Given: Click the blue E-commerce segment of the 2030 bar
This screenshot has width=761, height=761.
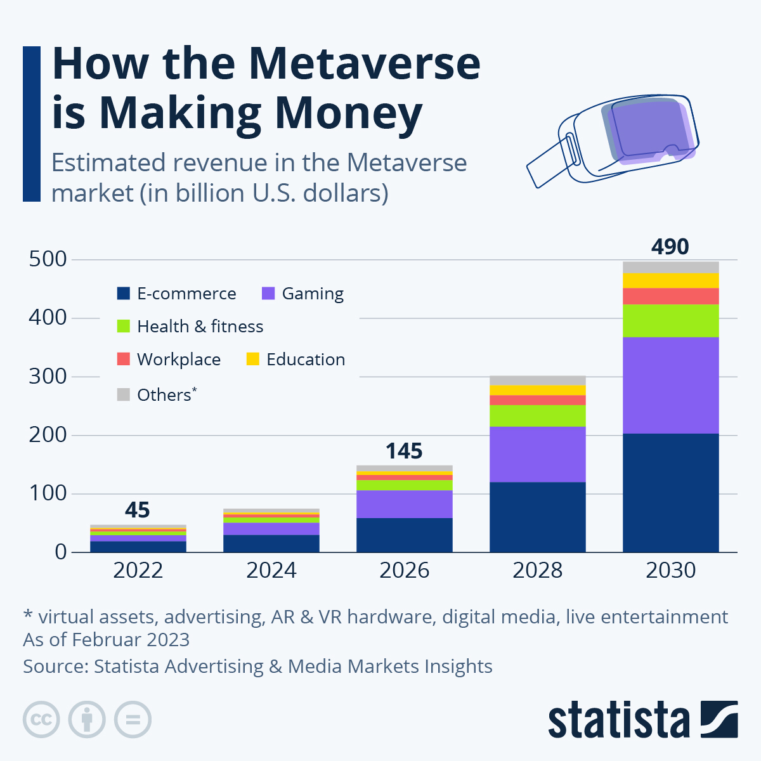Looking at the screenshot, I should point(670,493).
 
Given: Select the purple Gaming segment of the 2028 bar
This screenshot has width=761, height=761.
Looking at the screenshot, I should point(537,454).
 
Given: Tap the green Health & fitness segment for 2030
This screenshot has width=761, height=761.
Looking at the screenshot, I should point(670,320).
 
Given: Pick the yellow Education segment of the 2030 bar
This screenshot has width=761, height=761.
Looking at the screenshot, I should point(670,280).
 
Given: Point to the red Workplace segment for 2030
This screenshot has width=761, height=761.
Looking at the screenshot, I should point(670,296).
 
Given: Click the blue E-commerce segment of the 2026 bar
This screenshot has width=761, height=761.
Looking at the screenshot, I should point(404,535).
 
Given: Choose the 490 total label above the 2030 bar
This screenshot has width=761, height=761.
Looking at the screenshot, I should point(670,246).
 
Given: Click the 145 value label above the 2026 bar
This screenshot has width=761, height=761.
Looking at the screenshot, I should point(404,451).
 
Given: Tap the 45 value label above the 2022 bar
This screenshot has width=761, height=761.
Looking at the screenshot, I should point(138,510).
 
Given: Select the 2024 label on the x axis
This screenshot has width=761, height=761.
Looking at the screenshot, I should point(271,570).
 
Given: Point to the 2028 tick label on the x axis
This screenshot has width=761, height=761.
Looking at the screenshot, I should point(537,570).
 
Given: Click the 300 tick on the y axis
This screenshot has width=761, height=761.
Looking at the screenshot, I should point(48,376).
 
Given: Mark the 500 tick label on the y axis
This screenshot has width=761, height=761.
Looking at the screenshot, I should point(48,259).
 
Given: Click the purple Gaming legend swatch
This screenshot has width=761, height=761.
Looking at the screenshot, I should point(268,294).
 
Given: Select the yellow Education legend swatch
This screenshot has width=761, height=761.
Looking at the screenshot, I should point(253,359).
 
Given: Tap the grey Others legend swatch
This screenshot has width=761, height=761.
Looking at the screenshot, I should point(123,394).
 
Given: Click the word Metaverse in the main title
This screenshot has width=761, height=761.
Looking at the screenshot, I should point(364,63).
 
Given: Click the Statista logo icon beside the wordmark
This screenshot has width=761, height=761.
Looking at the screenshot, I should point(719,719).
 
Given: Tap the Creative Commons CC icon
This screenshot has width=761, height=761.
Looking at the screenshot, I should point(41,720).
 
